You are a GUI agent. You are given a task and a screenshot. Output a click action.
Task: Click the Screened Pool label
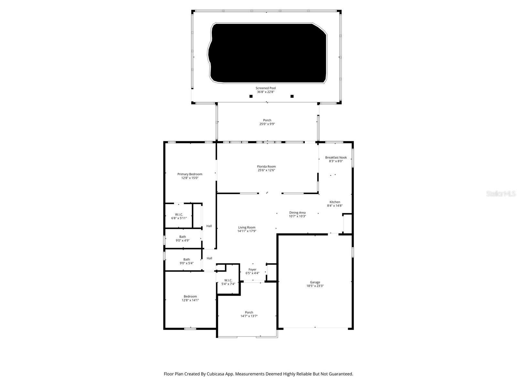click(266, 88)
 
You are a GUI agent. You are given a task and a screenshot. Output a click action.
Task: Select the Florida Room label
click(266, 167)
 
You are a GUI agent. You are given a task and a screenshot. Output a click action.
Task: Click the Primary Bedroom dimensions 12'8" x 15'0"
click(190, 178)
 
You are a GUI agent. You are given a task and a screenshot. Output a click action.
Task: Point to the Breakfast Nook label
click(336, 158)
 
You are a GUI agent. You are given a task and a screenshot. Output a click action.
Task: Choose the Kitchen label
click(335, 202)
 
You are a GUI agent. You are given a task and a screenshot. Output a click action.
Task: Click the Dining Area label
click(297, 213)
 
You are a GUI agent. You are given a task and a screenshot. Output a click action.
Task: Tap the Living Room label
click(247, 227)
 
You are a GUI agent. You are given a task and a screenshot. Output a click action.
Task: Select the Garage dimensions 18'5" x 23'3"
click(315, 286)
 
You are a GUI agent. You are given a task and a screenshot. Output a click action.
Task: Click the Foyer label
click(252, 270)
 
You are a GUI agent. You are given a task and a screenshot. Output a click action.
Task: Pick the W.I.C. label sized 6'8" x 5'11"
click(179, 214)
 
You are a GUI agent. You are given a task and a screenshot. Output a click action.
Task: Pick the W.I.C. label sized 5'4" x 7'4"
click(228, 280)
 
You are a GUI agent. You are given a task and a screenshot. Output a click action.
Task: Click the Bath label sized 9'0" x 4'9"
click(183, 237)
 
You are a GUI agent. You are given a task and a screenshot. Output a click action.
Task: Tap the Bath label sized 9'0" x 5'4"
click(186, 259)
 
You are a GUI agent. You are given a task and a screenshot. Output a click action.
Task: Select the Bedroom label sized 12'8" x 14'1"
click(190, 296)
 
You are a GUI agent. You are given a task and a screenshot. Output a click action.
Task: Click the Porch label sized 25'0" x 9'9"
click(267, 120)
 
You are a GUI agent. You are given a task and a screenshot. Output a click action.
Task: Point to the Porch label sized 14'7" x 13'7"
click(249, 313)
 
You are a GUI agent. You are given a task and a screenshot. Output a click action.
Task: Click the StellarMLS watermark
click(501, 194)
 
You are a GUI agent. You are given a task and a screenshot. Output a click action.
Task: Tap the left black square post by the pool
click(251, 96)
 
